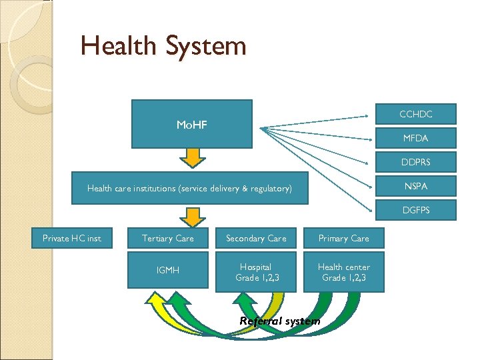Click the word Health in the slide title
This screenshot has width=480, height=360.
[x=117, y=46]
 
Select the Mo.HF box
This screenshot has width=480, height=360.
[x=192, y=124]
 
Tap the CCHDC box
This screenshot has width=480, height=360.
[x=416, y=114]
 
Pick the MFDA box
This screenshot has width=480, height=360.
[x=416, y=138]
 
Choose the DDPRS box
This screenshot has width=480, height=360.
[x=416, y=162]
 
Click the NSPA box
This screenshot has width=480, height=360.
[x=416, y=186]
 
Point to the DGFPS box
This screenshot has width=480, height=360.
[x=416, y=210]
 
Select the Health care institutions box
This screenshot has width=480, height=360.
[x=190, y=189]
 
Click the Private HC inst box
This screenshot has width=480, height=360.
[x=72, y=238]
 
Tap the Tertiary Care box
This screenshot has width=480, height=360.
[x=168, y=238]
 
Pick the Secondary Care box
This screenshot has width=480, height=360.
[x=256, y=238]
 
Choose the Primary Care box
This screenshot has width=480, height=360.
[x=344, y=238]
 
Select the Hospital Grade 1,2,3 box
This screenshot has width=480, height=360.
[x=256, y=271]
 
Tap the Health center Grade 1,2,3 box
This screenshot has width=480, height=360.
[x=344, y=271]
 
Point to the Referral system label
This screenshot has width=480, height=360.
[x=279, y=321]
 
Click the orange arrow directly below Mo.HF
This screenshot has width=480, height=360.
[x=193, y=157]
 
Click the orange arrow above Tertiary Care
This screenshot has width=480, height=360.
[x=193, y=217]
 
